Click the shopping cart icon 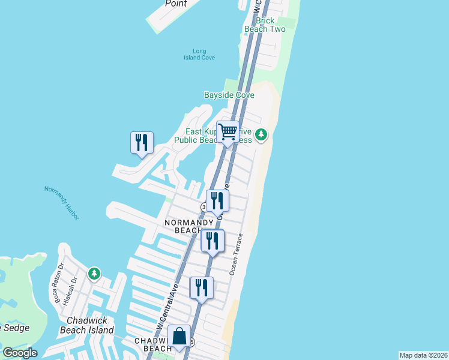[x=228, y=132]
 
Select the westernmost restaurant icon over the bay [x=142, y=142]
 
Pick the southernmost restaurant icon [x=201, y=287]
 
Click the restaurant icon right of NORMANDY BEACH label [x=212, y=241]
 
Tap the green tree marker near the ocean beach [x=261, y=134]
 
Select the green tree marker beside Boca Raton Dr [x=94, y=274]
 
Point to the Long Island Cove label [x=199, y=54]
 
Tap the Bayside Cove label [x=229, y=95]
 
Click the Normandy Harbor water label [x=62, y=202]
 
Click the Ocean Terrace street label [x=236, y=254]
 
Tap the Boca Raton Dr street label [x=59, y=283]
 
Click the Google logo [x=20, y=353]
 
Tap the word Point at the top [x=176, y=4]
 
